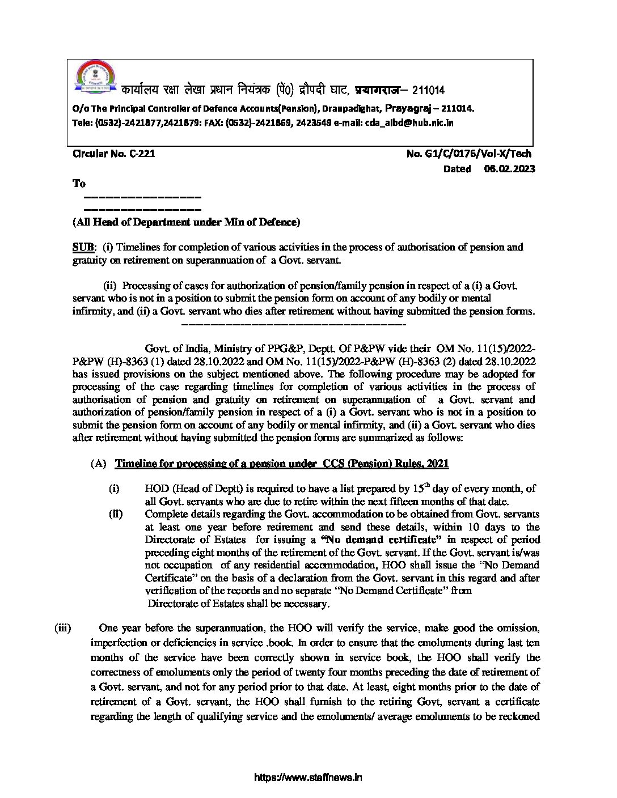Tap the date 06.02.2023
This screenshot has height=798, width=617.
pos(510,168)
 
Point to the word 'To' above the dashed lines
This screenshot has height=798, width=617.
pos(79,183)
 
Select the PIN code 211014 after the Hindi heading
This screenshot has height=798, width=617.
pos(429,91)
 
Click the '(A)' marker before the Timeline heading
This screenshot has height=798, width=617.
pos(98,464)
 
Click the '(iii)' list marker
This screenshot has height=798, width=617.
pos(62,628)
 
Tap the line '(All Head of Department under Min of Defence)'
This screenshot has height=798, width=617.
pos(186,222)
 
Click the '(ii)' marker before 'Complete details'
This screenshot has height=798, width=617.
pos(115,514)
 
